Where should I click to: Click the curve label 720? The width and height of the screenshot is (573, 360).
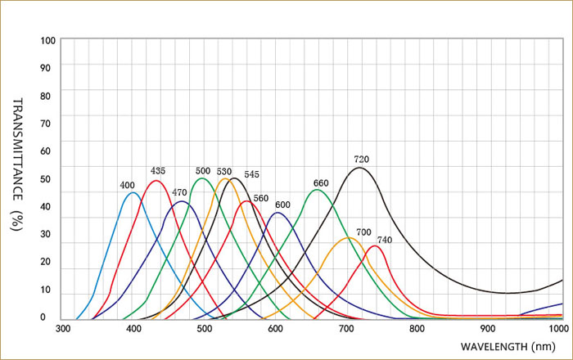[361, 159]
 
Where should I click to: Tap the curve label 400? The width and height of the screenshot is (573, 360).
[127, 186]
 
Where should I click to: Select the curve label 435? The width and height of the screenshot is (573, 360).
[158, 170]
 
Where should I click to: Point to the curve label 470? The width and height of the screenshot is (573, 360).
[179, 192]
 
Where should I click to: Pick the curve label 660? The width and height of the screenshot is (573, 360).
[321, 182]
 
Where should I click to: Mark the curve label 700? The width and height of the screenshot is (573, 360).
[363, 232]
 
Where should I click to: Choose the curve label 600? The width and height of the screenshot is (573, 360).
[282, 205]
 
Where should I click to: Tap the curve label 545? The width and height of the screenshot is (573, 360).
[251, 174]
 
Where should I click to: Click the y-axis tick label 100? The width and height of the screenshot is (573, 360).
[47, 40]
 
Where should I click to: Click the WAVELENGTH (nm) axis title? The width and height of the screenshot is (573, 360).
[508, 348]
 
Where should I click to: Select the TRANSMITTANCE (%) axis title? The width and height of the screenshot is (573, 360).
[17, 164]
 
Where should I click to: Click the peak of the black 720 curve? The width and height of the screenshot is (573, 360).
[359, 168]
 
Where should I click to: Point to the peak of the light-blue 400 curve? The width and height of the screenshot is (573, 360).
[132, 192]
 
